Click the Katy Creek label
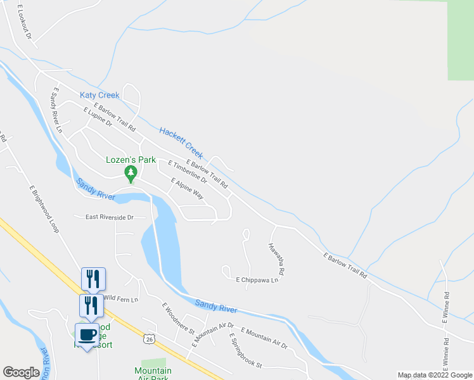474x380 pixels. point(99,95)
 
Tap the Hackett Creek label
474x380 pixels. point(181,142)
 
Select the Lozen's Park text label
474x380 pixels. point(131,160)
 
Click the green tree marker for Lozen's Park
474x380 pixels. point(131,173)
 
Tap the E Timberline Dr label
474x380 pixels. point(188,172)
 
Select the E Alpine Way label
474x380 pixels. point(187,189)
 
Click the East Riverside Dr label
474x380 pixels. point(110,217)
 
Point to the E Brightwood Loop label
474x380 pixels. point(44,209)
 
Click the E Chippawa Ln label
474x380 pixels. point(257,279)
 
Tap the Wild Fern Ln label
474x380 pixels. point(120,298)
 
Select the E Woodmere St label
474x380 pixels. point(177,317)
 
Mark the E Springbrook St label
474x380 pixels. point(245,350)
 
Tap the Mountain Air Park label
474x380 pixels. point(153,374)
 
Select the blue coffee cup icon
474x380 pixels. point(87,334)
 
